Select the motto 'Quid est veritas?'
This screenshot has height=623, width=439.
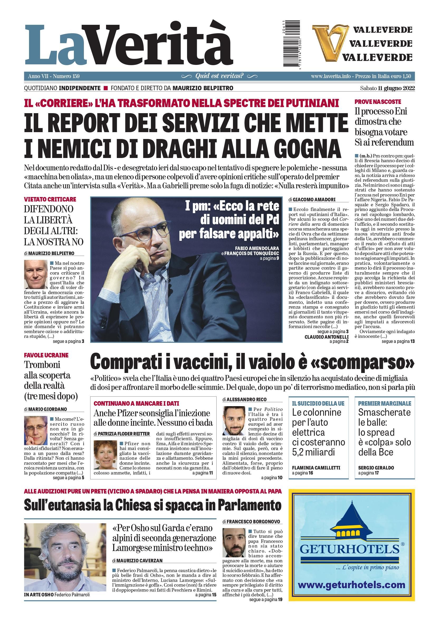click(x=219, y=76)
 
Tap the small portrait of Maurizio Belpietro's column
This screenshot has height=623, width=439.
click(x=36, y=274)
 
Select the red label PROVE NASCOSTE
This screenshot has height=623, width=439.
click(x=378, y=102)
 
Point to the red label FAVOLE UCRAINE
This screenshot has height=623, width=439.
click(x=46, y=355)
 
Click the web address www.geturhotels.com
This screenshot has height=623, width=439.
click(x=351, y=584)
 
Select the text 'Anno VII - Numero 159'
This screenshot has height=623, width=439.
click(x=54, y=76)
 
